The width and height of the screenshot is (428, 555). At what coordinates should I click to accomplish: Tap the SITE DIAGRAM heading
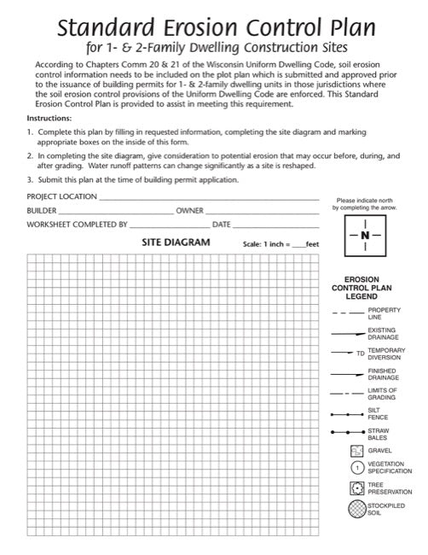pos(176,242)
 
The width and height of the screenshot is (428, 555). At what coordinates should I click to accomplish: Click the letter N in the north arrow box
pos(365,235)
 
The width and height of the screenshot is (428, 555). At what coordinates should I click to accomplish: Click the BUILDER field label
pos(43,210)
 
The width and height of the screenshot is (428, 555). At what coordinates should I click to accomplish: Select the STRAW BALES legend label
pos(379,434)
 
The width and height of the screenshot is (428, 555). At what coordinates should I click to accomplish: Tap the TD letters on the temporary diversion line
pos(360,352)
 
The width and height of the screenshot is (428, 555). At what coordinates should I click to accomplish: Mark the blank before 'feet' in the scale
pos(298,244)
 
